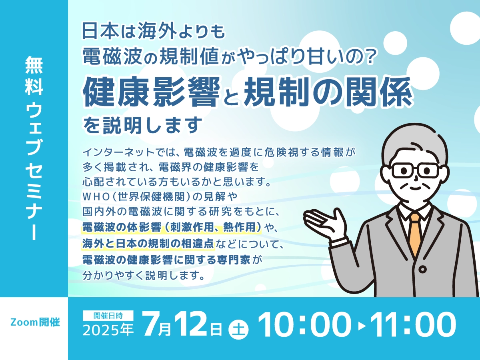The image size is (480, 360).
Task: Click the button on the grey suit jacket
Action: pos(423,269)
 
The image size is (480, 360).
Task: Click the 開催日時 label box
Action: pos(108,316)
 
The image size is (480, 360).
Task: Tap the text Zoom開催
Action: pos(35,322)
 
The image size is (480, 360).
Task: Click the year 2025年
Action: pos(108,330)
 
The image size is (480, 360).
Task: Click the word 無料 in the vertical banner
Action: pos(34,76)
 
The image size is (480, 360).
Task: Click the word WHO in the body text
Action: pos(96,197)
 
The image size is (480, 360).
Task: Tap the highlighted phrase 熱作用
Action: pos(239,227)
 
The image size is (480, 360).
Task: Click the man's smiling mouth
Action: pos(415,188)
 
